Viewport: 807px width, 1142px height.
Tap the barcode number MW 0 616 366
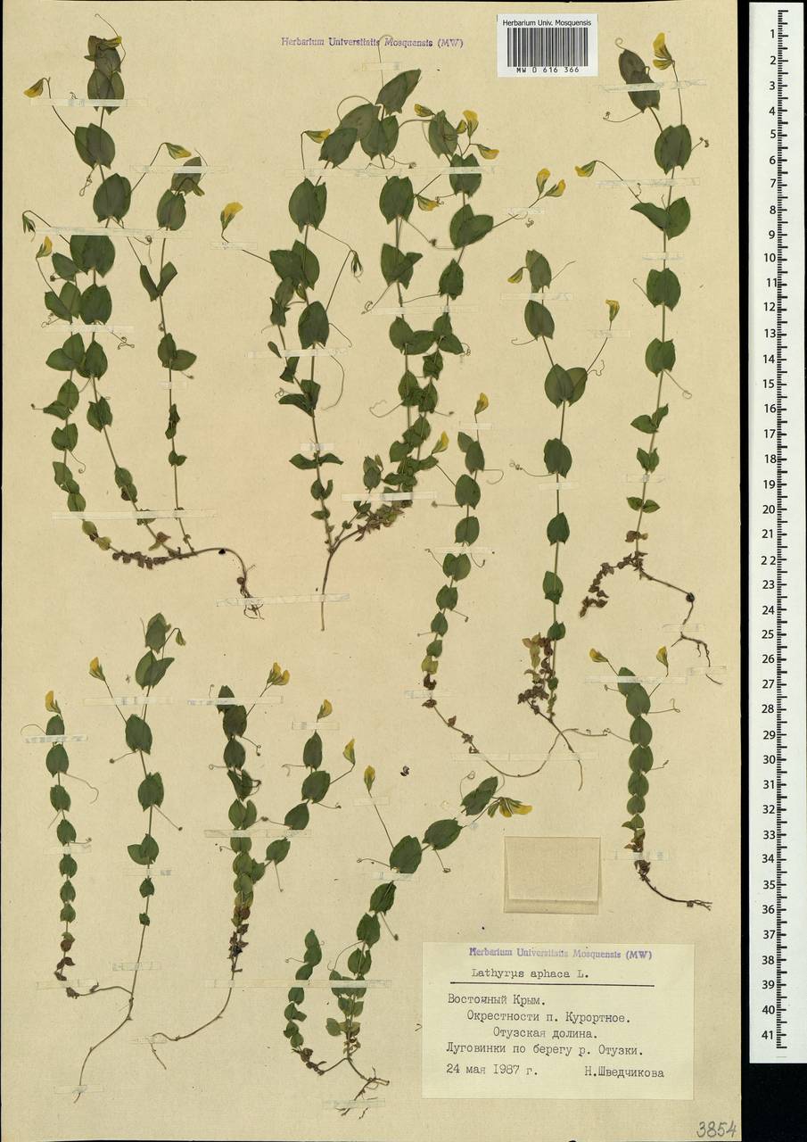[547, 68]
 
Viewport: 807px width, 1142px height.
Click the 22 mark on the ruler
[770, 559]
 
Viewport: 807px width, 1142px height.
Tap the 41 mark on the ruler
[770, 1035]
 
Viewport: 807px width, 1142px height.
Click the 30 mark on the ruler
[770, 759]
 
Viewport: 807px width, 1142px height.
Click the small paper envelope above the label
[552, 873]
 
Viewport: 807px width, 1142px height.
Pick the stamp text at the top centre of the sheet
[372, 42]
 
